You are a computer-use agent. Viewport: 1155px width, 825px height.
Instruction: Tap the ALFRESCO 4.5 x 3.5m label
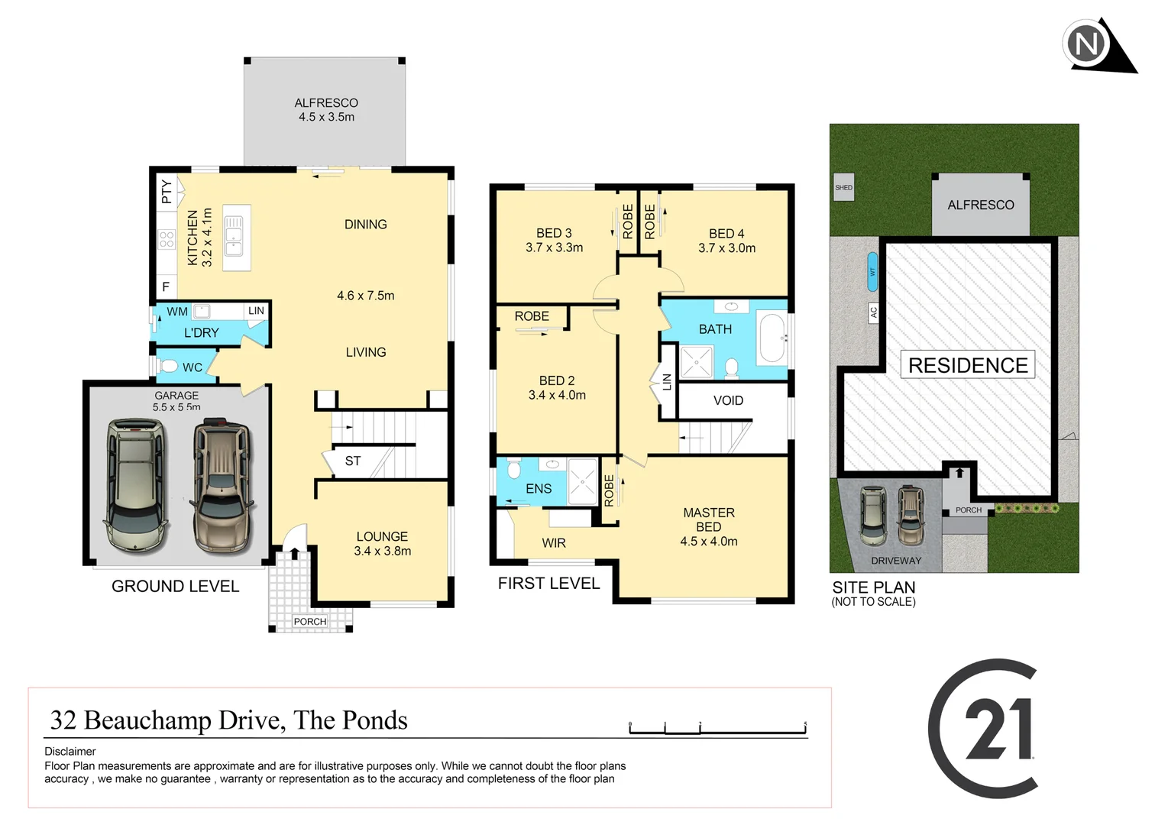coord(326,110)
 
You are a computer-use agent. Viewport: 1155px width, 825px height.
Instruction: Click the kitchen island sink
coord(234,236)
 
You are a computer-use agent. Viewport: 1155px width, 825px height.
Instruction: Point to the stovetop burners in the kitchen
coord(166,239)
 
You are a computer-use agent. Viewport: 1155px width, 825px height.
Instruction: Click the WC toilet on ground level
coord(170,367)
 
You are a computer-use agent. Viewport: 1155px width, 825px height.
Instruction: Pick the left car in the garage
coord(134,484)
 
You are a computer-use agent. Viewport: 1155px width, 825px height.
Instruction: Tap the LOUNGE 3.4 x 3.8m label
coord(382,544)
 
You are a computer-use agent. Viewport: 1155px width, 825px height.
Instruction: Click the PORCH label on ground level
coord(309,622)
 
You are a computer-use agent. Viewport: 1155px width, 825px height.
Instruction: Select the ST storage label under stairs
coord(352,461)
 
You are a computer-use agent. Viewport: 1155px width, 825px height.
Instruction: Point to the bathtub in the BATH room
coord(772,338)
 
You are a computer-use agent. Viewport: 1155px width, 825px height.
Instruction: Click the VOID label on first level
coord(728,400)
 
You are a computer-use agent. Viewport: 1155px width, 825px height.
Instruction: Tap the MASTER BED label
coord(709,527)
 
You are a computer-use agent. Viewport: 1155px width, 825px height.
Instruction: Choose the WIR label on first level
coord(554,543)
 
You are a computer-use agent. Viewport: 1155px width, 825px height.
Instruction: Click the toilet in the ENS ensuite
coord(513,468)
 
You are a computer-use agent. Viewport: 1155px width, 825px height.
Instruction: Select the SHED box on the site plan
coord(843,188)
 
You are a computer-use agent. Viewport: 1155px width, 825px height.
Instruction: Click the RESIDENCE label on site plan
coord(968,365)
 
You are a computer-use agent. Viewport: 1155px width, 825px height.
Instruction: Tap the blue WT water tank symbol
coord(872,272)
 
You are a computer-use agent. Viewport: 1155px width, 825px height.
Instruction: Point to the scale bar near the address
coord(717,730)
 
